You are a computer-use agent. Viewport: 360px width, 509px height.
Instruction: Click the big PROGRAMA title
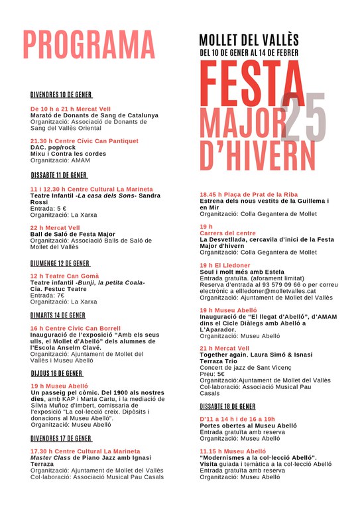coord(90,44)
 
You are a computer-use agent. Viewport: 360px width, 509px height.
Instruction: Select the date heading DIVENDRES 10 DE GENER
coord(62,95)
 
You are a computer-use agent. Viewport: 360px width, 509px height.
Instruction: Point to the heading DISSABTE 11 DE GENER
coord(59,176)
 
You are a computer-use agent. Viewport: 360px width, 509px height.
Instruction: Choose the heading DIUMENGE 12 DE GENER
coord(59,263)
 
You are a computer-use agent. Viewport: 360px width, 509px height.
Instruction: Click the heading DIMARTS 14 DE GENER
coord(58,315)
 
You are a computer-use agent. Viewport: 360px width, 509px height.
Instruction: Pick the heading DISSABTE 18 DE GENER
coord(227,406)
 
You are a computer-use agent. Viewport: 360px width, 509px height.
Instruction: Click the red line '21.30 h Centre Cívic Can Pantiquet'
coord(84,141)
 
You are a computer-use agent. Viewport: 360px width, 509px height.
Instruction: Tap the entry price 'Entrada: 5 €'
coord(48,208)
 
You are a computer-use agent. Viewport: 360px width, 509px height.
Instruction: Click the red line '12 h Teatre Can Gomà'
coord(64,276)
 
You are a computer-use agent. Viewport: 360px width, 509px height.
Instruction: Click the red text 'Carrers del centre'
coord(227,233)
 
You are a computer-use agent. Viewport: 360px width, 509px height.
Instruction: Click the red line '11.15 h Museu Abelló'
coord(228,451)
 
